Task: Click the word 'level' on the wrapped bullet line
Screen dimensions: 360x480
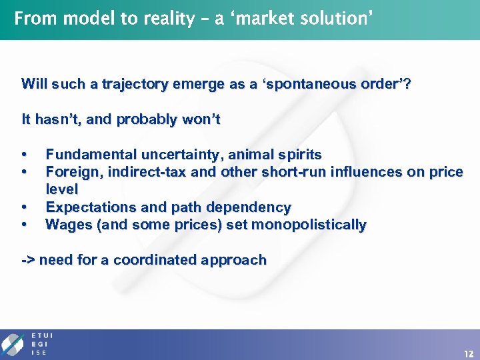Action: pos(61,190)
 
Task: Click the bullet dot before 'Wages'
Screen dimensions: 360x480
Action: pos(25,225)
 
